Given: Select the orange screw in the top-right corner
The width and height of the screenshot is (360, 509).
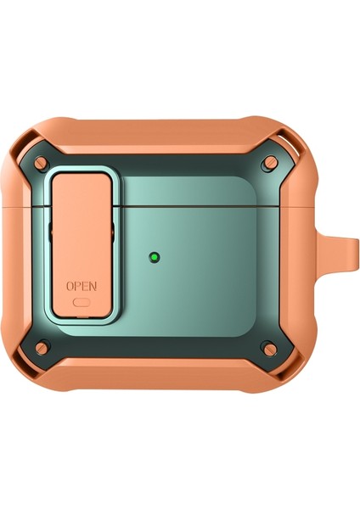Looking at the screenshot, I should pos(269,160).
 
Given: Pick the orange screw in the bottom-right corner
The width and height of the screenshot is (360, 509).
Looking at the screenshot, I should pos(269,346).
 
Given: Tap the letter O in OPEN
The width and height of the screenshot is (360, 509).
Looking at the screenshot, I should pos(70,286).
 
